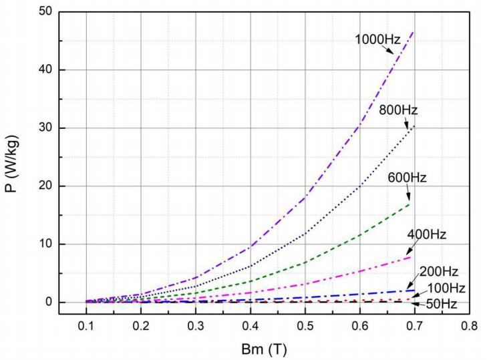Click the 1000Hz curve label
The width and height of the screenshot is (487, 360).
click(x=378, y=39)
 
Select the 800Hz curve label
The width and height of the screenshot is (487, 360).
click(x=399, y=110)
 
